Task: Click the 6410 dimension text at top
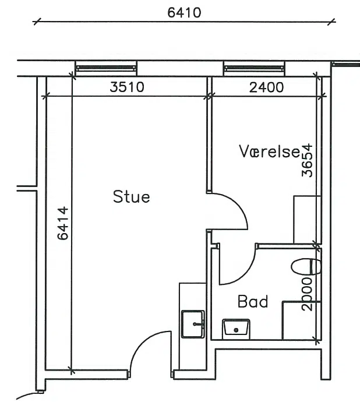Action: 184,13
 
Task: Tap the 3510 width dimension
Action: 127,87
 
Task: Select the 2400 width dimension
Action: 266,87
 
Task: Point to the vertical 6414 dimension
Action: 63,223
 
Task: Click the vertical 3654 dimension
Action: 307,160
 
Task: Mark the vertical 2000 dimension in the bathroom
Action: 307,294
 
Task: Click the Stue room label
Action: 131,197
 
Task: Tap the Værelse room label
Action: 270,151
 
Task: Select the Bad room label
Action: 253,302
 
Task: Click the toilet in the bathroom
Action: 306,267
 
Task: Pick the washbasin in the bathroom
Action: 236,327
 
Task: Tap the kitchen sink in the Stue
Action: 193,324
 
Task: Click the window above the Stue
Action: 106,68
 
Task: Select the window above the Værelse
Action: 254,68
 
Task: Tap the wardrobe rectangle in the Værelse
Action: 307,220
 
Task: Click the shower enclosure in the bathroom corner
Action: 302,320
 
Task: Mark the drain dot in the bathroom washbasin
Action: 236,330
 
